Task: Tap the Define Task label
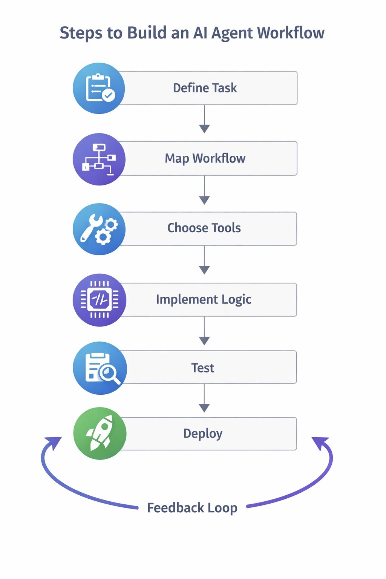(205, 88)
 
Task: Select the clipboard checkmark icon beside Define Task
(99, 88)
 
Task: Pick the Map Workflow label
(205, 158)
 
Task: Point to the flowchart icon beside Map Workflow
(99, 159)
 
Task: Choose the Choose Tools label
(204, 228)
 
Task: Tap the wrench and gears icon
(99, 229)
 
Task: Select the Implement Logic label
(204, 299)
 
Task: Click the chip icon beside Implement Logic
(100, 300)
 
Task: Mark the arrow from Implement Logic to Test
(204, 331)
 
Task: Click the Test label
(203, 368)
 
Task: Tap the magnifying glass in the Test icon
(110, 374)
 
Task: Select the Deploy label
(203, 433)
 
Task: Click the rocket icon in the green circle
(100, 433)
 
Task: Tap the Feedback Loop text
(192, 508)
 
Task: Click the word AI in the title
(200, 33)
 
